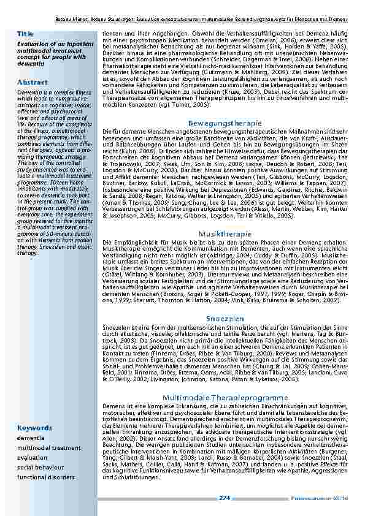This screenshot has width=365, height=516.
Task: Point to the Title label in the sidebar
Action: [25, 34]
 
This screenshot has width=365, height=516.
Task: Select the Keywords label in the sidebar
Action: [34, 428]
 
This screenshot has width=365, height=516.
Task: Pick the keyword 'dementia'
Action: [31, 438]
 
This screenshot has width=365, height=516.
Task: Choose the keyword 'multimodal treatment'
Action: [48, 448]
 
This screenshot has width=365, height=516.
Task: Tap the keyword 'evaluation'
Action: [32, 457]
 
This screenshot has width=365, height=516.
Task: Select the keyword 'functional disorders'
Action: [46, 476]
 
